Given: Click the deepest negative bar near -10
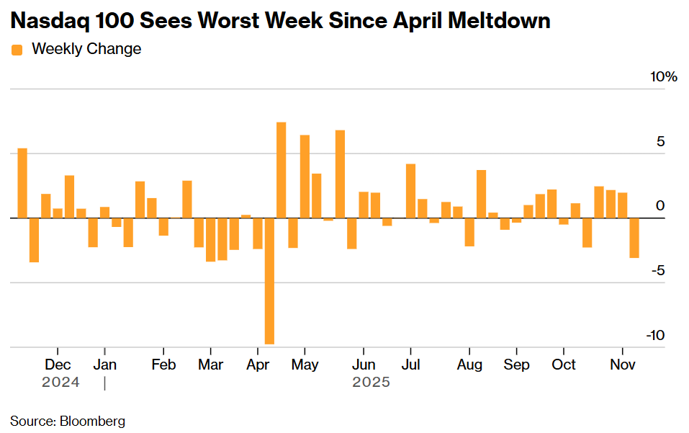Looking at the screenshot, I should [269, 281].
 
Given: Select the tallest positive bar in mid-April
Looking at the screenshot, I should [282, 170].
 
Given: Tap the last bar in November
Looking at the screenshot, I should [634, 237].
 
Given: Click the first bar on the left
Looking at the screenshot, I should [22, 183].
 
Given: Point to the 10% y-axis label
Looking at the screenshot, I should [663, 77].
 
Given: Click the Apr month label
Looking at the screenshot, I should [258, 365].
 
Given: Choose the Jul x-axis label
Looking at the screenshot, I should [410, 365].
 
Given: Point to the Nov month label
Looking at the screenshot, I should [623, 365].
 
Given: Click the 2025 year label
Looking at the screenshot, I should [371, 382].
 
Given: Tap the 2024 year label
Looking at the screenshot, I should [60, 382].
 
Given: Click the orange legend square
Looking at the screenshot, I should [17, 50].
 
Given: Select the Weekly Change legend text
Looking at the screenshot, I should [86, 49].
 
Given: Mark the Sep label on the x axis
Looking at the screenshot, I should [515, 365].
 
